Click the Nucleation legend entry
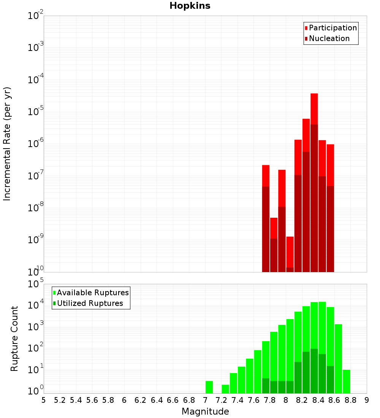click(329, 38)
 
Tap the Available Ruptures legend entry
click(93, 293)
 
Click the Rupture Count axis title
click(14, 339)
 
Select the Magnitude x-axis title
click(205, 412)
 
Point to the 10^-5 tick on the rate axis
click(36, 112)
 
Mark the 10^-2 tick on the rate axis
click(36, 16)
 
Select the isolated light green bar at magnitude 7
click(209, 387)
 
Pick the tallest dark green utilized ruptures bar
click(314, 370)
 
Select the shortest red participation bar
click(290, 252)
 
